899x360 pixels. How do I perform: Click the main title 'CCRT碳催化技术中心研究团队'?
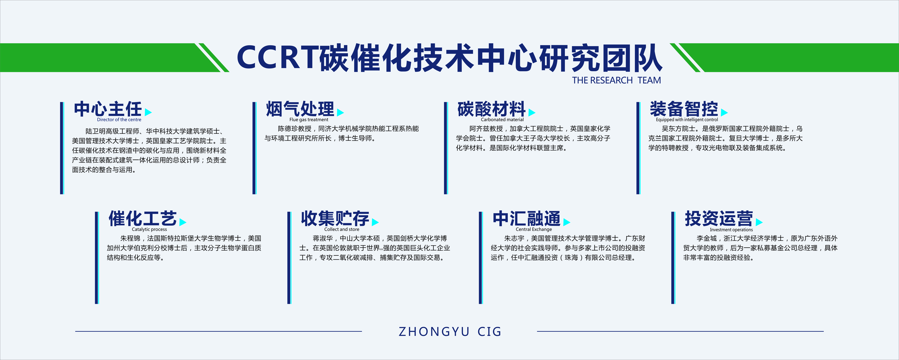(x=449, y=58)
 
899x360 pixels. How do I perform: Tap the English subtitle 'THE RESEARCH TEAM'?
(x=616, y=80)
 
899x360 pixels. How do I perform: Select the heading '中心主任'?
(x=108, y=109)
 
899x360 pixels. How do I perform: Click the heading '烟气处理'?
(x=300, y=109)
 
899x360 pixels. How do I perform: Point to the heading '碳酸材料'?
(x=491, y=109)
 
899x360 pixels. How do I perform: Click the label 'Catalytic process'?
(x=149, y=229)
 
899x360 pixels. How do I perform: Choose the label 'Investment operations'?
(x=731, y=230)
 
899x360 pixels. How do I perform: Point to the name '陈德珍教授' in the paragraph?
(x=295, y=129)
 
